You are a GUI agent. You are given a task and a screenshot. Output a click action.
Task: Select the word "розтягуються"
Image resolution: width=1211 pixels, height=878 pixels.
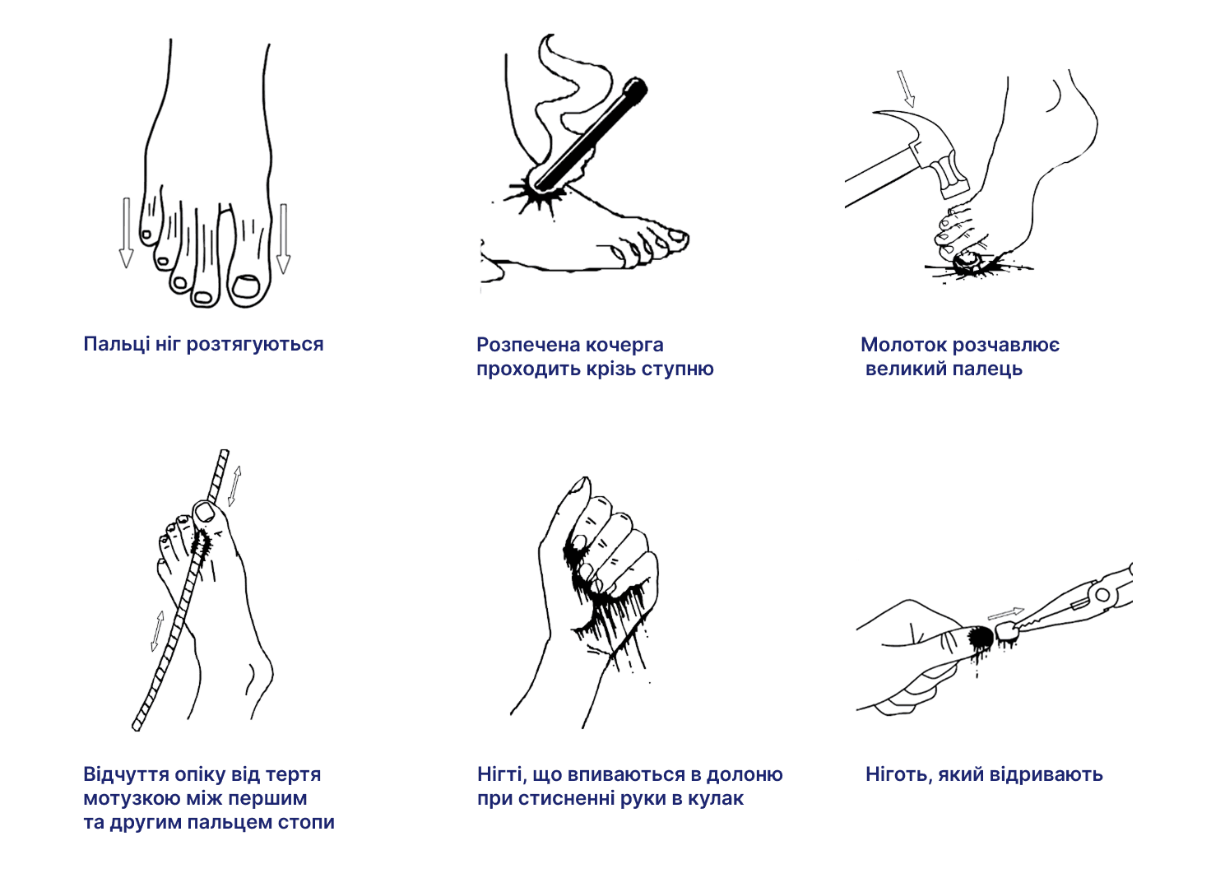point(255,345)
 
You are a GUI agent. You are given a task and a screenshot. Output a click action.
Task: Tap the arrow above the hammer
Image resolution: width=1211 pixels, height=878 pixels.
point(906,87)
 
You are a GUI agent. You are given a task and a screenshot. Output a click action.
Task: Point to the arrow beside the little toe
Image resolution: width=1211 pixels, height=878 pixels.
point(126,233)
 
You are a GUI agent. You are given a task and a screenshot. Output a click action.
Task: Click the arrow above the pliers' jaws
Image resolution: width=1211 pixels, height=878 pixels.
point(1005,614)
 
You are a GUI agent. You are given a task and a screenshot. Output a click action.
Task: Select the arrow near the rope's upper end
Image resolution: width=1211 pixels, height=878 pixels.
point(234,486)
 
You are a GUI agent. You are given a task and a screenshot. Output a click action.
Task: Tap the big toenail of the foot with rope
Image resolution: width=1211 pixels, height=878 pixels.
point(204,511)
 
